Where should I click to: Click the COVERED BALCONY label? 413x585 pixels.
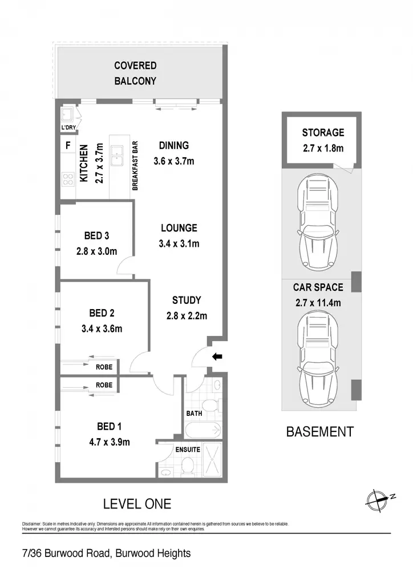(135, 73)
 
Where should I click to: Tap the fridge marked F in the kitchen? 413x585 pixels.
(68, 145)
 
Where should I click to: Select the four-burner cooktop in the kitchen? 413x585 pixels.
(68, 179)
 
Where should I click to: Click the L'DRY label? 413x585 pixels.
(68, 127)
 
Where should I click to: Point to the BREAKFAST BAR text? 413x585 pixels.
(135, 166)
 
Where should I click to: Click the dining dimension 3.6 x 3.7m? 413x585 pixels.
(174, 161)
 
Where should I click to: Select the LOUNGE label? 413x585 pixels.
(179, 227)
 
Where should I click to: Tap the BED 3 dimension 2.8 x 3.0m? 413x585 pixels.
(97, 251)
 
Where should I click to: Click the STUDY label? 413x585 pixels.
(187, 300)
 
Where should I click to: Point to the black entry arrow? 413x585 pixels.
(217, 356)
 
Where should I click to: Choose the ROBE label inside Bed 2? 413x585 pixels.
(104, 367)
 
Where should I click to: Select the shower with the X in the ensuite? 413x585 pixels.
(212, 460)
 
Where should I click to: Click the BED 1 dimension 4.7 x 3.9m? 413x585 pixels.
(110, 442)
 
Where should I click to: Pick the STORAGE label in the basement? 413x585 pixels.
(323, 133)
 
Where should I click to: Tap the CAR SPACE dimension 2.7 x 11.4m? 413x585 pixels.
(318, 303)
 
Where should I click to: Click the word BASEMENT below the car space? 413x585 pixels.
(319, 432)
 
